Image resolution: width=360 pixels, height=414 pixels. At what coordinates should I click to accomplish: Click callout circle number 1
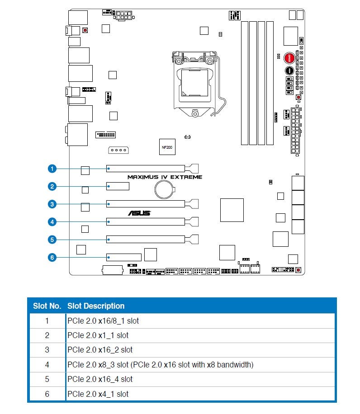click(x=52, y=169)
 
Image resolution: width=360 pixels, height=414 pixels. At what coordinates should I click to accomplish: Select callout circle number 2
click(x=52, y=186)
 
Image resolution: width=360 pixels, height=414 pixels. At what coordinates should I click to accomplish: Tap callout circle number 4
click(x=52, y=222)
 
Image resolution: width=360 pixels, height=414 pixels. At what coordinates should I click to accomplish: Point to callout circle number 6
click(x=52, y=258)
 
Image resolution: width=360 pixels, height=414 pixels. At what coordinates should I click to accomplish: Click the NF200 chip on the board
click(x=167, y=147)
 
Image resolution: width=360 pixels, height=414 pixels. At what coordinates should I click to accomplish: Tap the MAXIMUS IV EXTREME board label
click(x=165, y=177)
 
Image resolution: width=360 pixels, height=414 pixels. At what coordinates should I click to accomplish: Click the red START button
click(x=289, y=58)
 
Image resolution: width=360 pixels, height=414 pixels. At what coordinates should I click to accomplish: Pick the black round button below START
click(x=289, y=71)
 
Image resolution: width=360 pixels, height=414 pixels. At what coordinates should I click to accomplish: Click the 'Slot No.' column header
click(x=47, y=306)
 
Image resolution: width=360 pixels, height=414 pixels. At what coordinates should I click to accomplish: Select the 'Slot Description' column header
click(x=96, y=306)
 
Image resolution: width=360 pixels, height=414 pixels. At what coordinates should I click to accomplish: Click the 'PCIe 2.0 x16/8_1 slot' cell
click(x=103, y=321)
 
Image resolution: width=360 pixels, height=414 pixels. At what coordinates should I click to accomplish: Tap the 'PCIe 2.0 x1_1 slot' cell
click(x=98, y=335)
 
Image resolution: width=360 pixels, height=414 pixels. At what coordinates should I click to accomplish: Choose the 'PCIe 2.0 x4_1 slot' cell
click(x=98, y=394)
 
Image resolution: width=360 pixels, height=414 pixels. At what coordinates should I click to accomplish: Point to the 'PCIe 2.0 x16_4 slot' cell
click(x=100, y=379)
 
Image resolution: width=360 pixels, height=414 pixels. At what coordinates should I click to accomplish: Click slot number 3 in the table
click(x=47, y=350)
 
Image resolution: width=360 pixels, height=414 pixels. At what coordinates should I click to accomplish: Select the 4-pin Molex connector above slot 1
click(x=118, y=150)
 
